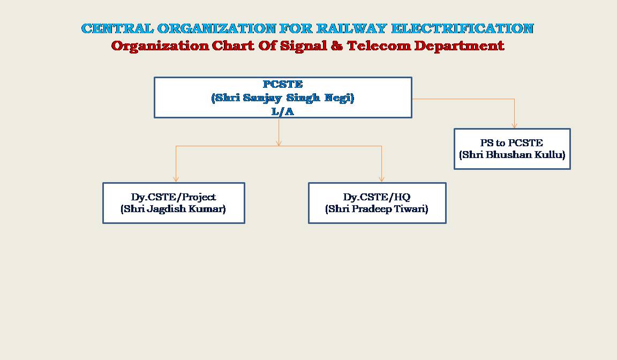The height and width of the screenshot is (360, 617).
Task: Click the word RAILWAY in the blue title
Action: pyautogui.click(x=351, y=28)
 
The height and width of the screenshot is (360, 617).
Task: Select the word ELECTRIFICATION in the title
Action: pyautogui.click(x=462, y=28)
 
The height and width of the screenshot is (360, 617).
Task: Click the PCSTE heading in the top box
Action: pyautogui.click(x=283, y=84)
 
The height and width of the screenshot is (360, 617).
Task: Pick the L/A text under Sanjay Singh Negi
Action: pyautogui.click(x=283, y=111)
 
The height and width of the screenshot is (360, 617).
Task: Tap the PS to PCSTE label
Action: pyautogui.click(x=511, y=143)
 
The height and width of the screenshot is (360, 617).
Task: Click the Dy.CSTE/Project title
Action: pyautogui.click(x=174, y=197)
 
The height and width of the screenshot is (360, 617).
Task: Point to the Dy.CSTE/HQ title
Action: pyautogui.click(x=377, y=197)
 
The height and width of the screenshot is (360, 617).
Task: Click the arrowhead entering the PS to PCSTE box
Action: pyautogui.click(x=514, y=125)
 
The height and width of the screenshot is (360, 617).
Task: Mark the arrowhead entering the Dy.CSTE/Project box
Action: pyautogui.click(x=176, y=179)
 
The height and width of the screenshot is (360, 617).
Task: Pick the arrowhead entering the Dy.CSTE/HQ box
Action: pyautogui.click(x=381, y=179)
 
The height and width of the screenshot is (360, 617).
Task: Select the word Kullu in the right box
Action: pyautogui.click(x=553, y=155)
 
